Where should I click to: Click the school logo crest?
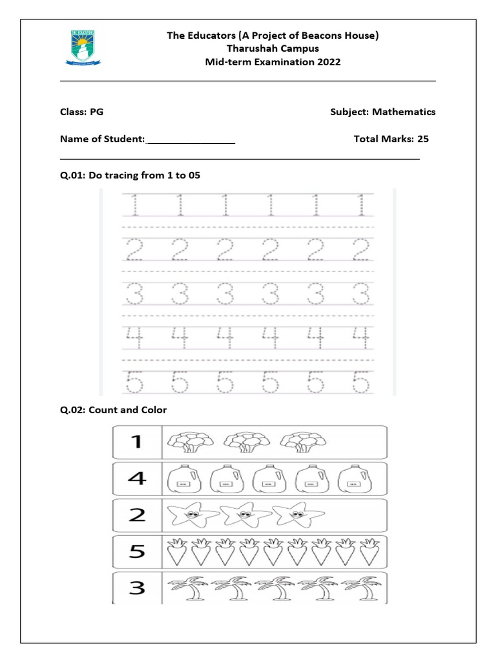(x=82, y=48)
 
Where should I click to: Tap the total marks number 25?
(x=423, y=138)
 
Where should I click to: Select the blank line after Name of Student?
(x=191, y=140)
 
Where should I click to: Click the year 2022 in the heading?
(x=326, y=62)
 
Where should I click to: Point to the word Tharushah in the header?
(x=249, y=48)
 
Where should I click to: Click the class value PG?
(x=96, y=112)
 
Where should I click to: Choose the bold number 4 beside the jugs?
(x=136, y=479)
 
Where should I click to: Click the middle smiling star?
(x=243, y=516)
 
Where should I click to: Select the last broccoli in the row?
(x=299, y=442)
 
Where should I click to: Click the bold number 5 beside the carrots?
(x=136, y=552)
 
